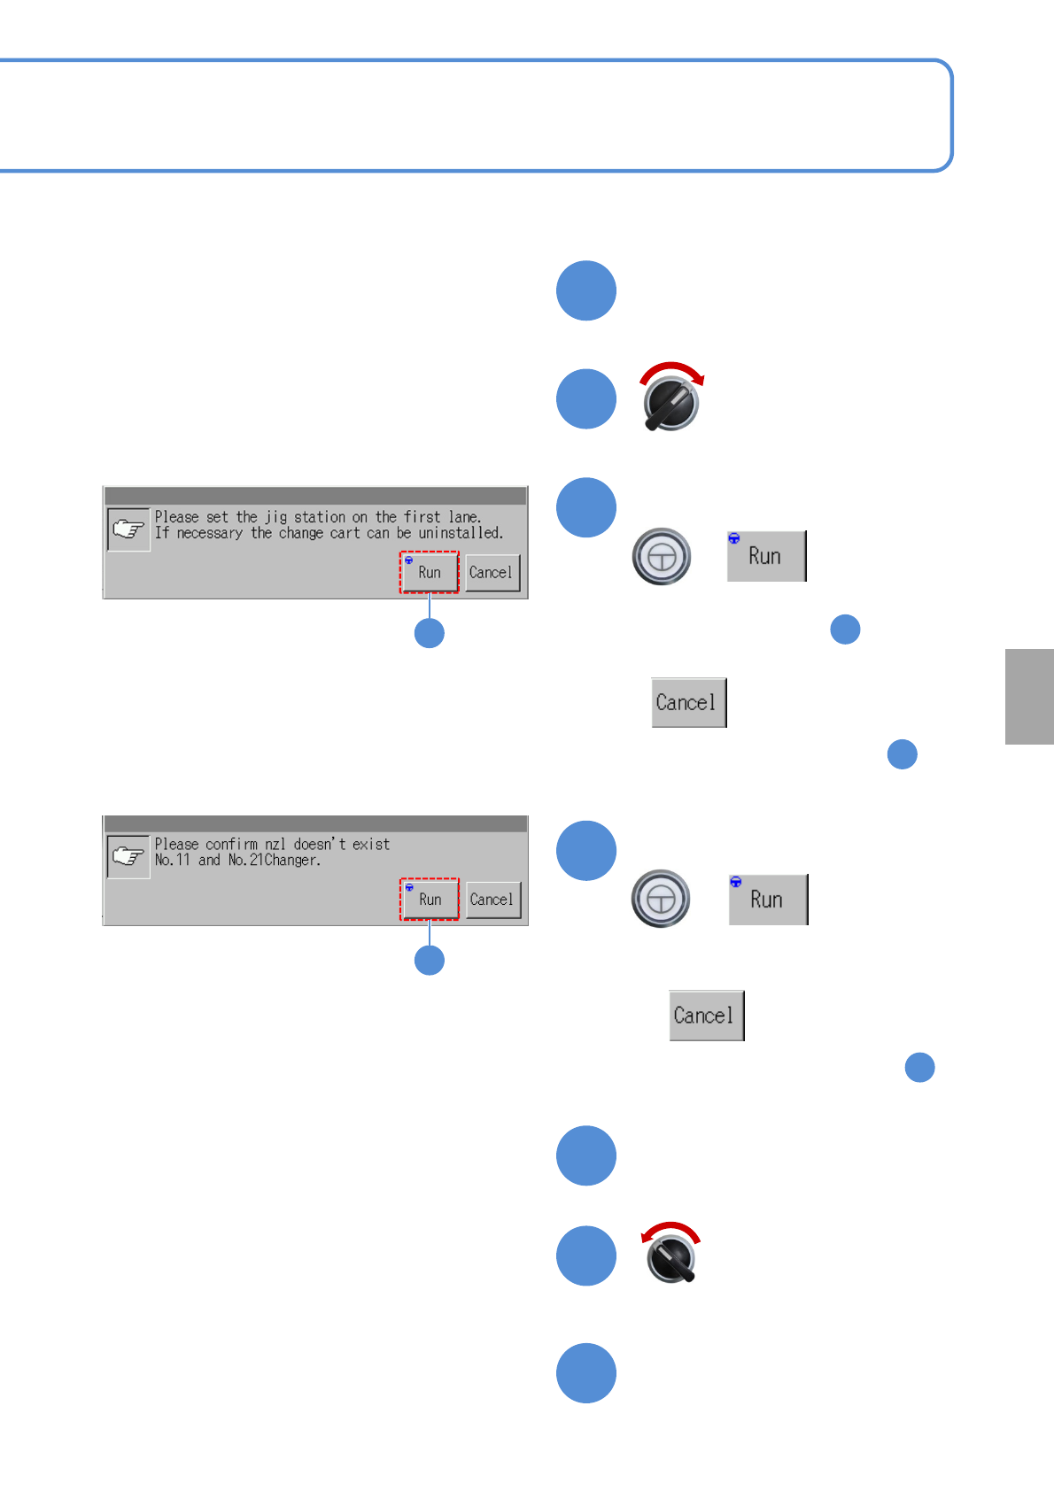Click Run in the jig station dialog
point(430,573)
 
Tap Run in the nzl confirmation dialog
point(430,900)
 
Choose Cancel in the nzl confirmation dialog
point(492,900)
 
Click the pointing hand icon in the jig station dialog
point(128,529)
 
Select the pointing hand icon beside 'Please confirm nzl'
point(128,856)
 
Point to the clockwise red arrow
point(672,370)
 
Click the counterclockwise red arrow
point(670,1231)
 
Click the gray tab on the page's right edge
point(1029,697)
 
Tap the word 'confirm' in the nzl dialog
point(231,845)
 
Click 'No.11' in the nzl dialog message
point(173,861)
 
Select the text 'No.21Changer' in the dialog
point(274,861)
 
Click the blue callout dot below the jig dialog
point(430,633)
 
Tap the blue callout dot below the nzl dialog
point(430,960)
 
